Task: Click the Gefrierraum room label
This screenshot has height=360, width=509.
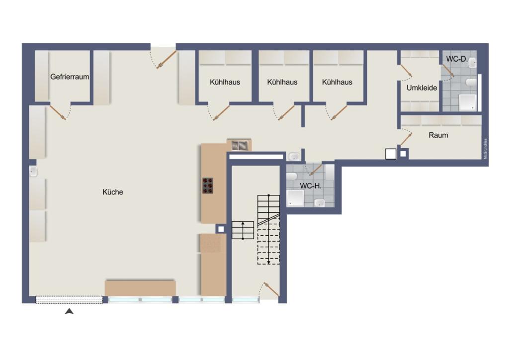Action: coord(70,77)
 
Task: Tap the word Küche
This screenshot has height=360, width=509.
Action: coord(112,192)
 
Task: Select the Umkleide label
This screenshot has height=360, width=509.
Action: coord(422,88)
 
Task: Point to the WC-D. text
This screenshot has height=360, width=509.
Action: coord(456,59)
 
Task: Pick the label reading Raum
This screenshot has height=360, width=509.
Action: coord(438,135)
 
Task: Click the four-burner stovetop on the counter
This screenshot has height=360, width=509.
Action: coord(208,185)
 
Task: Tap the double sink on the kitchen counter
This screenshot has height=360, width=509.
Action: coord(239,145)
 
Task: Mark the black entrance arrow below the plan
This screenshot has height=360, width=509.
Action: coord(70,312)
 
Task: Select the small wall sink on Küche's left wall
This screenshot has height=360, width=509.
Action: coord(33,172)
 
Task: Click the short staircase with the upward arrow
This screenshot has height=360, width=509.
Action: coord(243,230)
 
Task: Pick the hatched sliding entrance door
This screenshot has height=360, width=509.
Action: coord(69,299)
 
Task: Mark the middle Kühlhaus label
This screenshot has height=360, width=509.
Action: coord(282,82)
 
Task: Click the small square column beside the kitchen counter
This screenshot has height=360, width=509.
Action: coord(220,228)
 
